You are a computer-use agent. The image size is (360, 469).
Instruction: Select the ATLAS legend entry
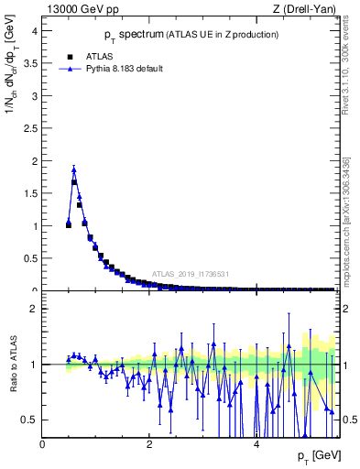[82, 55]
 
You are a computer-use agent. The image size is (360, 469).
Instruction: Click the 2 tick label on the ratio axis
[35, 309]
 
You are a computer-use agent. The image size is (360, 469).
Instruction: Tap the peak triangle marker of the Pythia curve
[74, 169]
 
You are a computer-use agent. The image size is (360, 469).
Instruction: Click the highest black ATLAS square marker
[74, 182]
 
